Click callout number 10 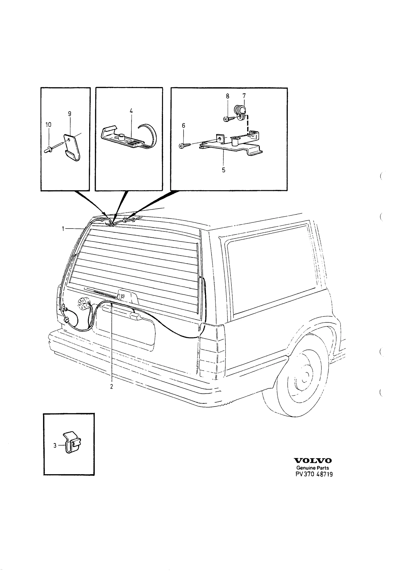pyautogui.click(x=48, y=124)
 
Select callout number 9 pyautogui.click(x=70, y=114)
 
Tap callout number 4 pyautogui.click(x=131, y=111)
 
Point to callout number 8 pyautogui.click(x=227, y=96)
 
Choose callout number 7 pyautogui.click(x=244, y=96)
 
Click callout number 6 pyautogui.click(x=183, y=125)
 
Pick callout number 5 pyautogui.click(x=224, y=170)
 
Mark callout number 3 pyautogui.click(x=55, y=446)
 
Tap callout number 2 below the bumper pyautogui.click(x=112, y=393)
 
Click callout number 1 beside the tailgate pyautogui.click(x=63, y=229)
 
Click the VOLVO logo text pyautogui.click(x=313, y=461)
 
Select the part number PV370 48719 pyautogui.click(x=314, y=474)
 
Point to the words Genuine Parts pyautogui.click(x=313, y=468)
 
